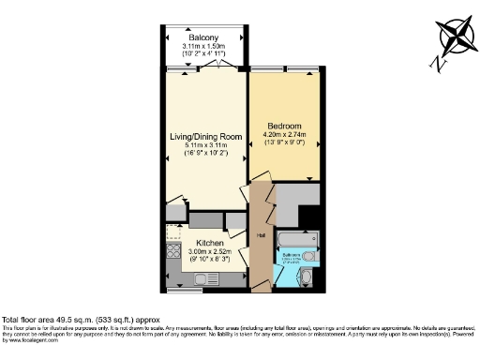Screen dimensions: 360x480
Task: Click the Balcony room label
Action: (203, 37)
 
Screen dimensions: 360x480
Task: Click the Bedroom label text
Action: (285, 126)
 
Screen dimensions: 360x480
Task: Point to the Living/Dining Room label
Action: (204, 137)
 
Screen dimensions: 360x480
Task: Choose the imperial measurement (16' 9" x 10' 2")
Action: (204, 156)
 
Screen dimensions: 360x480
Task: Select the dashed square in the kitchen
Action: (174, 232)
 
